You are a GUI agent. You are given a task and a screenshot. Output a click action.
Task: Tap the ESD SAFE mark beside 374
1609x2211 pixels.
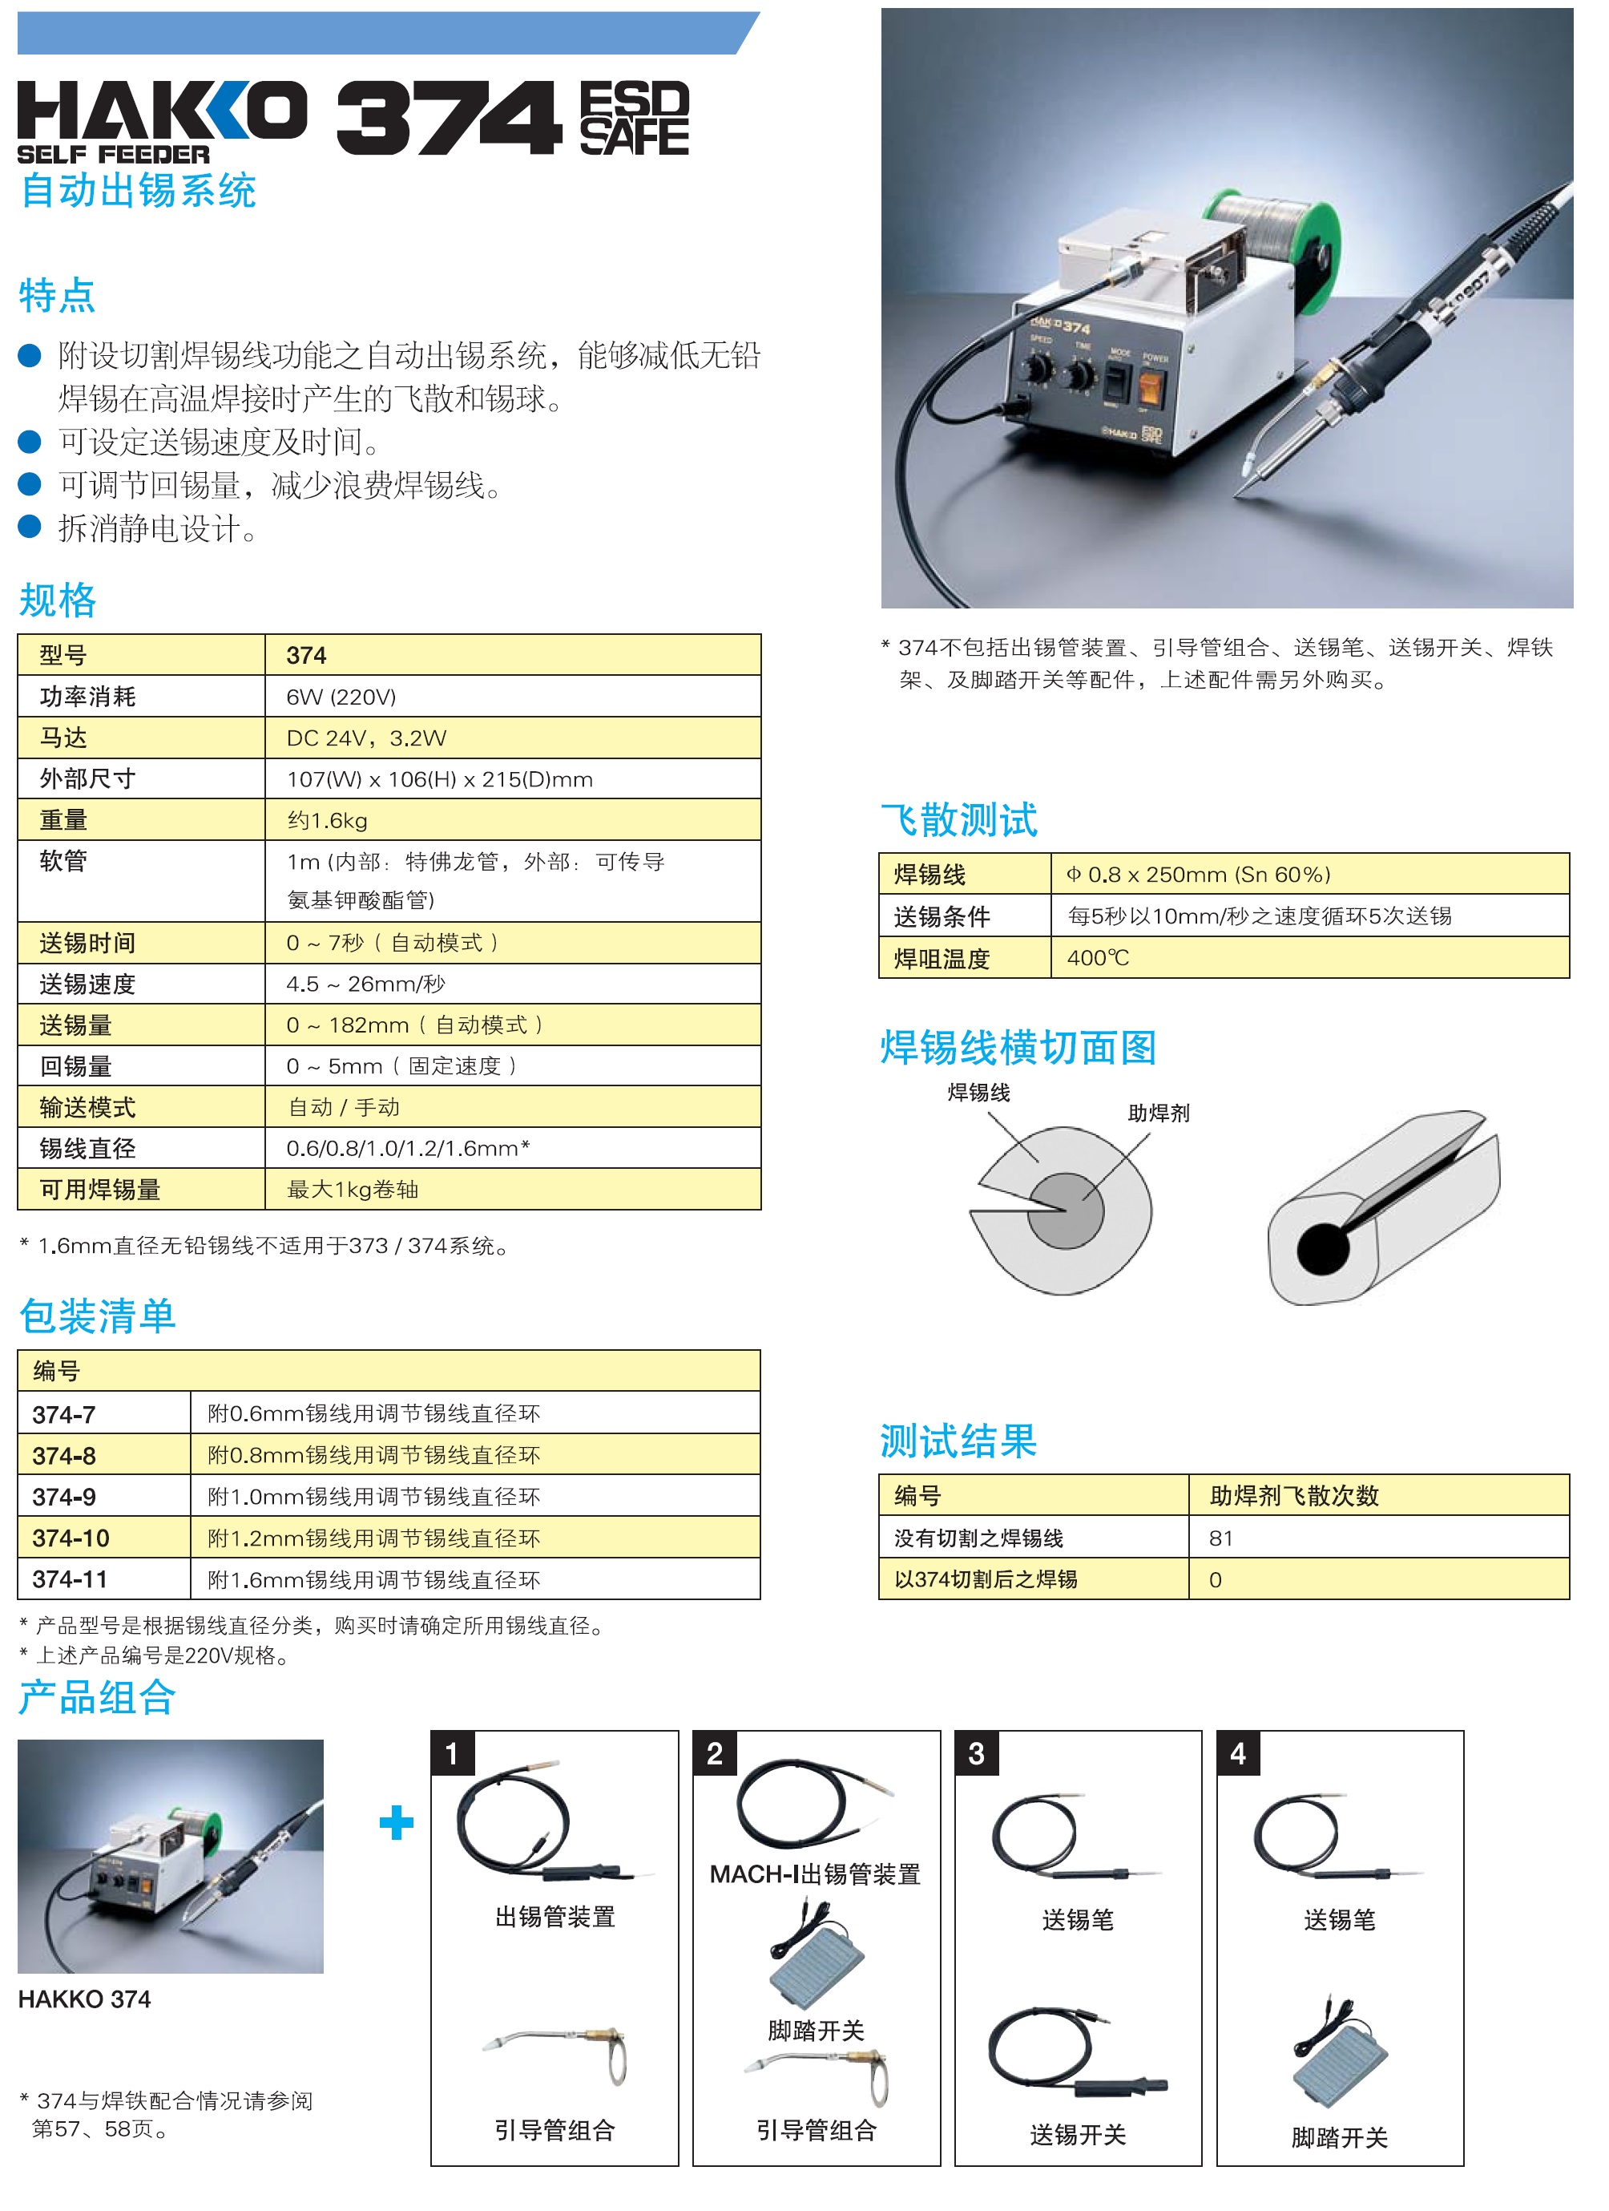(x=634, y=118)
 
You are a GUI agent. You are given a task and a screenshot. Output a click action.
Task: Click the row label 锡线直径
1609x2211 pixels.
(x=87, y=1149)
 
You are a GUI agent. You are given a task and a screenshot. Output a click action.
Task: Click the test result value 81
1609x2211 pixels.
(x=1220, y=1538)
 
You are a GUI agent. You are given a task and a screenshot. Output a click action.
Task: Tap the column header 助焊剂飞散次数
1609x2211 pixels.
(x=1293, y=1495)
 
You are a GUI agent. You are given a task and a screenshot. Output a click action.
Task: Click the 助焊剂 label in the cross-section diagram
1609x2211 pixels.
(x=1158, y=1114)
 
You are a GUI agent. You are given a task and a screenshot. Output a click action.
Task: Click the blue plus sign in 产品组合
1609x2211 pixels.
(x=397, y=1823)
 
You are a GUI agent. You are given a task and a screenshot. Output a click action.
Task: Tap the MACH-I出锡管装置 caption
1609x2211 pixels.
(x=815, y=1874)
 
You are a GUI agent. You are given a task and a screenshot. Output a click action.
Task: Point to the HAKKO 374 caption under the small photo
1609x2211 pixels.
(x=84, y=1999)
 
